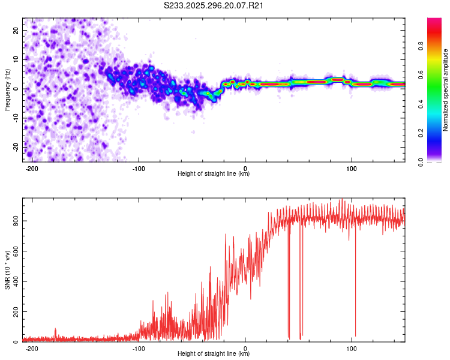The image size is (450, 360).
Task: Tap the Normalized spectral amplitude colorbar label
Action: (x=446, y=90)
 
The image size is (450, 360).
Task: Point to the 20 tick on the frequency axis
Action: (x=16, y=30)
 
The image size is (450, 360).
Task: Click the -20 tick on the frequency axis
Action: (x=15, y=147)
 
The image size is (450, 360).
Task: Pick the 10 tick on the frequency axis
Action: (x=16, y=59)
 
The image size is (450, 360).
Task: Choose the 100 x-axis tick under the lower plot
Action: (x=352, y=349)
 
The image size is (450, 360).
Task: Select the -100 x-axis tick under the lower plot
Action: (x=139, y=349)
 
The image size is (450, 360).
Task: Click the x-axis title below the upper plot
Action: (x=214, y=175)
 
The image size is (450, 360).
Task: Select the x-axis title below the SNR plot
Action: (x=214, y=354)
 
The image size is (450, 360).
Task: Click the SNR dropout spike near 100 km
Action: (x=355, y=324)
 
